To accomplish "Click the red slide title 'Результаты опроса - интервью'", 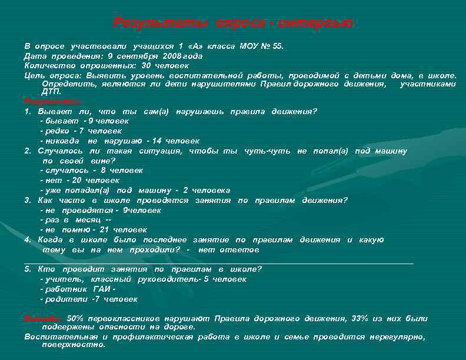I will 233,23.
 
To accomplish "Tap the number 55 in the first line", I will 277,46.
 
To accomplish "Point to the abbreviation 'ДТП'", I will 52,92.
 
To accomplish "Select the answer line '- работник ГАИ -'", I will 77,289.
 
